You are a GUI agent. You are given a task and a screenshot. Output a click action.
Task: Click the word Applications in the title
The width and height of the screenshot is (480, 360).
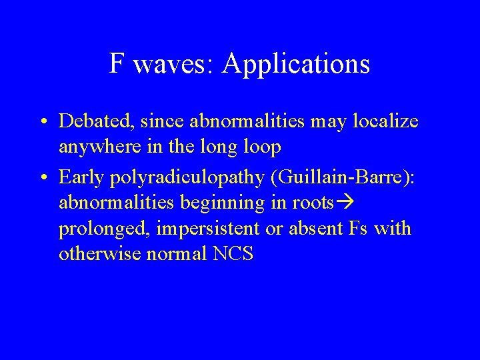click(297, 64)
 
